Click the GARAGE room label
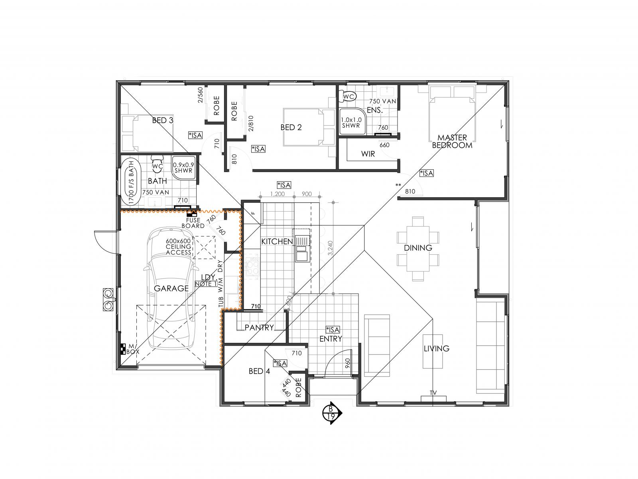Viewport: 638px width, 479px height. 171,288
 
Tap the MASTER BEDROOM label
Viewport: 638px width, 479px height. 452,141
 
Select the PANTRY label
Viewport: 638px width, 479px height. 259,327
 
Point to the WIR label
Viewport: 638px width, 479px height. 368,154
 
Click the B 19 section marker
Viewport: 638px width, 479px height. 331,413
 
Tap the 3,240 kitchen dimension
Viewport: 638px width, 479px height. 329,248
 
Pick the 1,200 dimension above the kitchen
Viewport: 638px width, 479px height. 277,194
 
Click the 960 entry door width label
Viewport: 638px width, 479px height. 348,363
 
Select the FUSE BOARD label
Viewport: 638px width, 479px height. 193,223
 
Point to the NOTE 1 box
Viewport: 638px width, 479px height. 206,284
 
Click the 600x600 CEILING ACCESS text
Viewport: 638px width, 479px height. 179,247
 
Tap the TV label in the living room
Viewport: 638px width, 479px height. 433,393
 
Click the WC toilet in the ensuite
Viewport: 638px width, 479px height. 348,97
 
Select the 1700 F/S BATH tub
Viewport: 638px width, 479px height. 132,182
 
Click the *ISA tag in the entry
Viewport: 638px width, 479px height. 333,330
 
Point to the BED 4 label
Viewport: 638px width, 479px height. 259,371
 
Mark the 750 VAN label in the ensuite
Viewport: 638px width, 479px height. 382,101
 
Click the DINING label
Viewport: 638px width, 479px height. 418,248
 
